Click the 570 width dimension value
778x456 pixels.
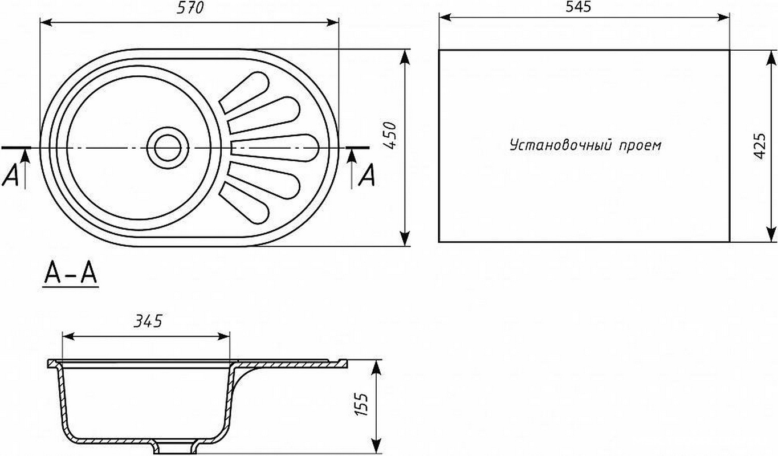(x=190, y=7)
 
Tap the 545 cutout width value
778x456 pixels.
(x=579, y=6)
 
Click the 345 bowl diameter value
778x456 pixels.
(x=148, y=321)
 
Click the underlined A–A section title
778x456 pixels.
(x=71, y=274)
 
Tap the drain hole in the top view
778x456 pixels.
(x=168, y=148)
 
